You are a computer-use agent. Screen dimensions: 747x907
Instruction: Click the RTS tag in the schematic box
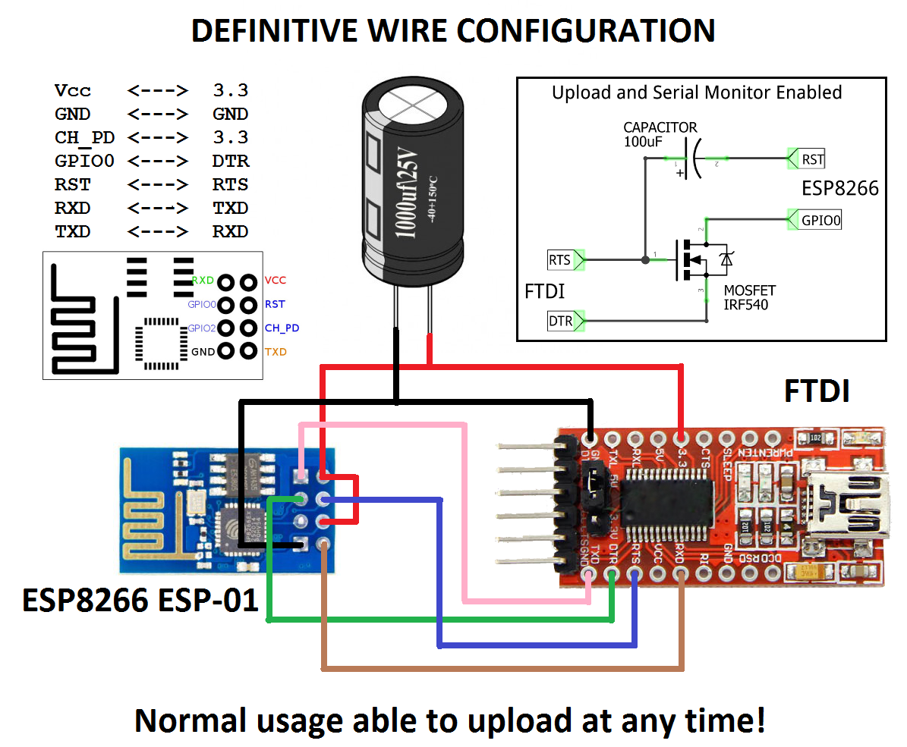[x=559, y=260]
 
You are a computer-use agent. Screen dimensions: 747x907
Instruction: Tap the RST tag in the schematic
[x=812, y=159]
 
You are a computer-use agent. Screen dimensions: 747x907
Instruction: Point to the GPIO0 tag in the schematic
[x=820, y=221]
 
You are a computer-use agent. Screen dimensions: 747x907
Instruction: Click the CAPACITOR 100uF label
[x=660, y=134]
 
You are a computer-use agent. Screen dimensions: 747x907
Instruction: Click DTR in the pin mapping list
[x=231, y=161]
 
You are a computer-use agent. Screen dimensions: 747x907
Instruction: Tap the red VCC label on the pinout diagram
[x=276, y=281]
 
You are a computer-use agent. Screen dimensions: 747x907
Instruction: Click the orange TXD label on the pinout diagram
[x=276, y=352]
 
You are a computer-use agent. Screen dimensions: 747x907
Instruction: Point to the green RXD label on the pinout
[x=203, y=281]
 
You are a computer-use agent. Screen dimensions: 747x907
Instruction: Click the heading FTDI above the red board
[x=817, y=392]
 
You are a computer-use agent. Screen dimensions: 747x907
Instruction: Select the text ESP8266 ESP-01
[x=140, y=601]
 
